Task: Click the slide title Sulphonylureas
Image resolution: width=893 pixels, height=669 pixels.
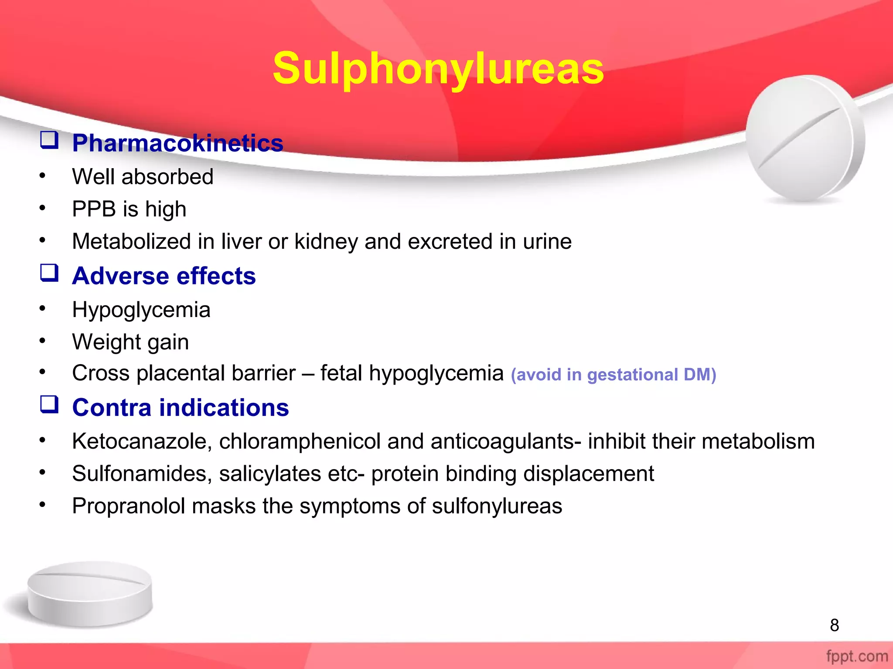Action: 438,69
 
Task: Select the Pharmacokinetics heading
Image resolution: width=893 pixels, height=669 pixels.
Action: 177,143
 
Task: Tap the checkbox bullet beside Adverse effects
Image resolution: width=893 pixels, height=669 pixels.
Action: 49,274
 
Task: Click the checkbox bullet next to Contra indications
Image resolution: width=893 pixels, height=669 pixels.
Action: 49,405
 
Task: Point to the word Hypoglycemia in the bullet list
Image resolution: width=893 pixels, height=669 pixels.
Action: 141,310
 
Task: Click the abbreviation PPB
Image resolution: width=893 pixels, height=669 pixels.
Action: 94,209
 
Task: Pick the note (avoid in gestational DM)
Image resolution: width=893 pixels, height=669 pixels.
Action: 614,375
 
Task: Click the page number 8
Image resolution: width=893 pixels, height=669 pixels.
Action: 834,625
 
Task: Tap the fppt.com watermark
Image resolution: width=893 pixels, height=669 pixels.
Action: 857,656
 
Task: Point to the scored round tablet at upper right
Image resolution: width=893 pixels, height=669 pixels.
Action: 805,139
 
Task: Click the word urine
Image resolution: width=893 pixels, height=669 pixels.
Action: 547,242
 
